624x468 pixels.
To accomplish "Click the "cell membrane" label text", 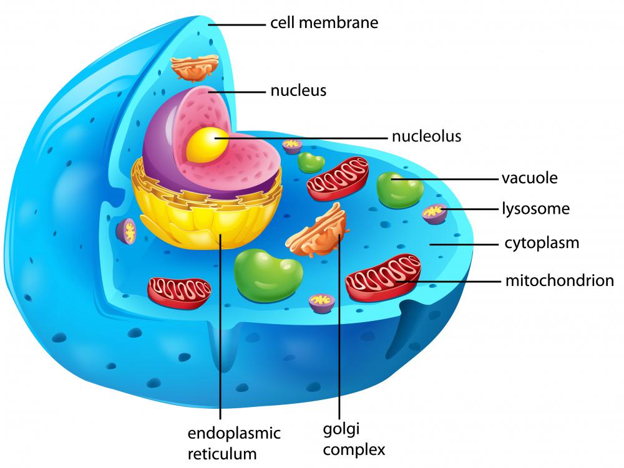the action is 324,22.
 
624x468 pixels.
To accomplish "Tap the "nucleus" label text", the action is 298,90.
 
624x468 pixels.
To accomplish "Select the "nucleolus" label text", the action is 427,136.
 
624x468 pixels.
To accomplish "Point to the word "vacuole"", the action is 530,178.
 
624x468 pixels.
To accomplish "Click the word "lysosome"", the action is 535,209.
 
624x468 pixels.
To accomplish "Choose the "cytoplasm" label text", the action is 542,244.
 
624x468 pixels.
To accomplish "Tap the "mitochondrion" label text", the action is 560,280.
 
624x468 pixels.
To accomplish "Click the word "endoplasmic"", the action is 234,434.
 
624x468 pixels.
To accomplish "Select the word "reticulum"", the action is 222,453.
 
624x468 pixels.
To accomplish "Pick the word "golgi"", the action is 341,430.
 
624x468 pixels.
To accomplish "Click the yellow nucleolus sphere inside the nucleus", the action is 208,145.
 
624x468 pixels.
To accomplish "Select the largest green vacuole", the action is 268,275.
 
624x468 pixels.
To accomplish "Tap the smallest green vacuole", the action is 311,162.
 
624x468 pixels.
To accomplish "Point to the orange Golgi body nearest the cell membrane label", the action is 195,67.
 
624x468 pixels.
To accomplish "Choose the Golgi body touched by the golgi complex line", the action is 318,231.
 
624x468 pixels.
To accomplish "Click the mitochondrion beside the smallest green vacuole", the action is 338,178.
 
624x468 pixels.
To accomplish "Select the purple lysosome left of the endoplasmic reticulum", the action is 126,231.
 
